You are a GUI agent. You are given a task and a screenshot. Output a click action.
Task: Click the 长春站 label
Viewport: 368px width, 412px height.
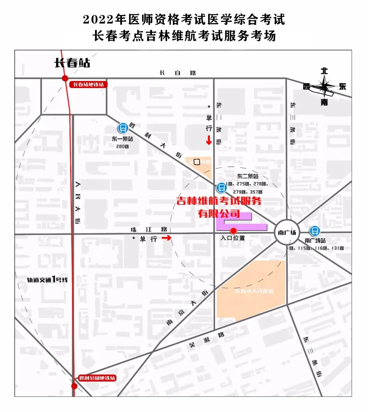(x=72, y=63)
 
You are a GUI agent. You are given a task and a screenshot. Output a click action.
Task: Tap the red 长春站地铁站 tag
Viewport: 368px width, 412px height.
(x=88, y=84)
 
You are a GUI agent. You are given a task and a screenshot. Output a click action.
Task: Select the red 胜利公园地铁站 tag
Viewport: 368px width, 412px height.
(x=97, y=378)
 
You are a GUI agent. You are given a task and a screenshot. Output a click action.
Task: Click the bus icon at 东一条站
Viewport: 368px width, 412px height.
(x=123, y=128)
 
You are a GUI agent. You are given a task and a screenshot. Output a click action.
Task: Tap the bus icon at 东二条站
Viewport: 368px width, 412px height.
(x=221, y=187)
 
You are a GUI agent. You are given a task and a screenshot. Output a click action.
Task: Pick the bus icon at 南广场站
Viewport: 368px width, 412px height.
(x=315, y=231)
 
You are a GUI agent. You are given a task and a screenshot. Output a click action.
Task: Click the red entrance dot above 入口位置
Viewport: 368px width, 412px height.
(x=233, y=231)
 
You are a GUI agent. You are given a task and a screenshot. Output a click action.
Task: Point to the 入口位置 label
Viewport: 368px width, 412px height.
(x=233, y=238)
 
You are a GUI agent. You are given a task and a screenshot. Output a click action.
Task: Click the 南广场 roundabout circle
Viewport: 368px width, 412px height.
(x=287, y=233)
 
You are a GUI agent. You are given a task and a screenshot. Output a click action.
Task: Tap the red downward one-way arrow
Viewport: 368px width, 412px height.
(x=209, y=140)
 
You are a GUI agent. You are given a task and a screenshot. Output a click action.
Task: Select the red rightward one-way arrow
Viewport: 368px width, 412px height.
(x=166, y=238)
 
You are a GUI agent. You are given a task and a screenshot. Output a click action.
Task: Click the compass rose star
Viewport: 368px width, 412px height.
(x=325, y=86)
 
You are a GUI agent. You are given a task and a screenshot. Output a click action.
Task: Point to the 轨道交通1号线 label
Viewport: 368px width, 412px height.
(x=47, y=280)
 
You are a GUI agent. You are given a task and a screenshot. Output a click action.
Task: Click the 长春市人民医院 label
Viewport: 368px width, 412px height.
(x=254, y=291)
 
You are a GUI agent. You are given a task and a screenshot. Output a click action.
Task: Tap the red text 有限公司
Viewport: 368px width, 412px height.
(x=219, y=214)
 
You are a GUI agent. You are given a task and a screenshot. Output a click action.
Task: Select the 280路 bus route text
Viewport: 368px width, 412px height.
(x=122, y=146)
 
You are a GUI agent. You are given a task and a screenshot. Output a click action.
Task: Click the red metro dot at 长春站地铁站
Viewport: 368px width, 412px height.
(x=65, y=78)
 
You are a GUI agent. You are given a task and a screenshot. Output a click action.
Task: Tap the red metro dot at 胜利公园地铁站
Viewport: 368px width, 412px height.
(x=74, y=386)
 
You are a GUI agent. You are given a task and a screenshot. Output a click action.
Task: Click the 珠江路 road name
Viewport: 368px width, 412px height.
(x=149, y=230)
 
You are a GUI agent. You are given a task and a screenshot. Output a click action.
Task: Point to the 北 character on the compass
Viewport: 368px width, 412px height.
(x=324, y=71)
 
